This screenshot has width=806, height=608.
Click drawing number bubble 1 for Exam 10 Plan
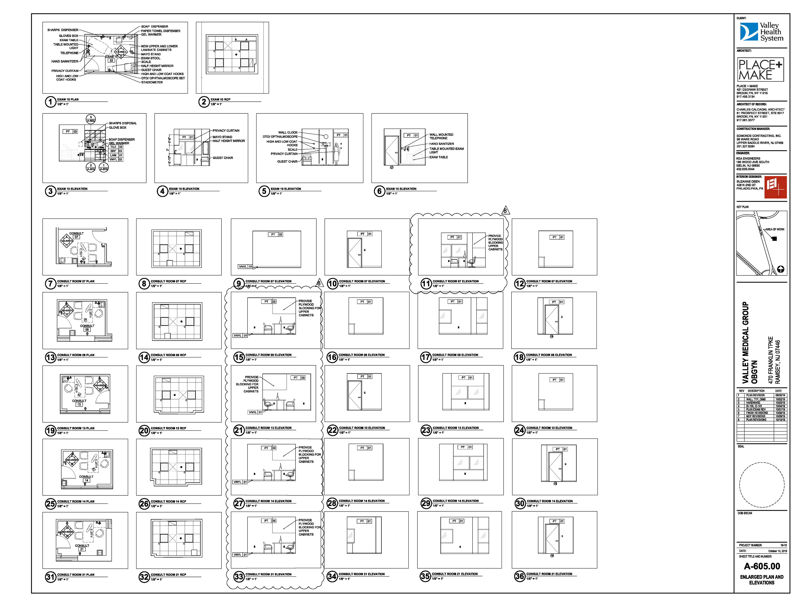coord(50,102)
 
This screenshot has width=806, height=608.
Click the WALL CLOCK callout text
coord(288,132)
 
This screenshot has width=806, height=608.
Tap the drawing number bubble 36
coord(519,576)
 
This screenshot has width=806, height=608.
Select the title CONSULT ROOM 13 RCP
coord(168,428)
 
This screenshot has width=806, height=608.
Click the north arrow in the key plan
coord(780,269)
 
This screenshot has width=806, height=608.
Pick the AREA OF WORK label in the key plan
coord(775,229)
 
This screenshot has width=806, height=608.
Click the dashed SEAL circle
coord(762,485)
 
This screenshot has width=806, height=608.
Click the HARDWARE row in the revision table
coord(753,403)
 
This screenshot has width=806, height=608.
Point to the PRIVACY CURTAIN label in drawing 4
coord(226,131)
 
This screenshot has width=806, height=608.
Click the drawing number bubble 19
coord(50,431)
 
